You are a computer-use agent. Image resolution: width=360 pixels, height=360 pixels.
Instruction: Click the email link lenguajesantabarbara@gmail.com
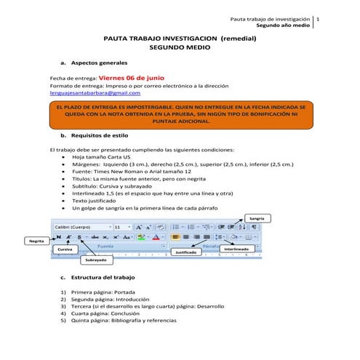click(x=95, y=93)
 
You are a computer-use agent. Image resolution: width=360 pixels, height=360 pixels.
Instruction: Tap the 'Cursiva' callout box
click(x=63, y=249)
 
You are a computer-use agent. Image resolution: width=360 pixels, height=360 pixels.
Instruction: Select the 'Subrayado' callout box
click(x=94, y=260)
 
